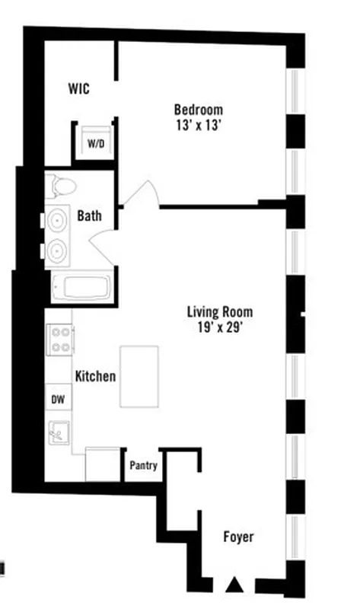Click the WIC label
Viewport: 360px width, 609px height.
(x=78, y=89)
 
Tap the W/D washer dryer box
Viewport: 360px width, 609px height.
(x=95, y=143)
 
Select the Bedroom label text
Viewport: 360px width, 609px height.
(x=198, y=109)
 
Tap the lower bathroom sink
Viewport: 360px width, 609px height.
(x=57, y=250)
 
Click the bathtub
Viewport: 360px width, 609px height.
(x=81, y=289)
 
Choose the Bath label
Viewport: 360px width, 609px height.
(x=89, y=216)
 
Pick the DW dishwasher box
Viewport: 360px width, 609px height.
(x=58, y=399)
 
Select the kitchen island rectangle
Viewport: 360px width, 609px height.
(x=139, y=375)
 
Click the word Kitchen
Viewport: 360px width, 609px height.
(x=95, y=376)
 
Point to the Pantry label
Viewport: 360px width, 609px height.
(x=143, y=465)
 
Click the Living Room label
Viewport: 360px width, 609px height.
(x=220, y=311)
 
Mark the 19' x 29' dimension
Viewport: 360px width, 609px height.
(x=220, y=328)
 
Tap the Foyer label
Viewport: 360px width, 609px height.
(x=238, y=537)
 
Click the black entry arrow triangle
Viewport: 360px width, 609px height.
(x=236, y=585)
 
